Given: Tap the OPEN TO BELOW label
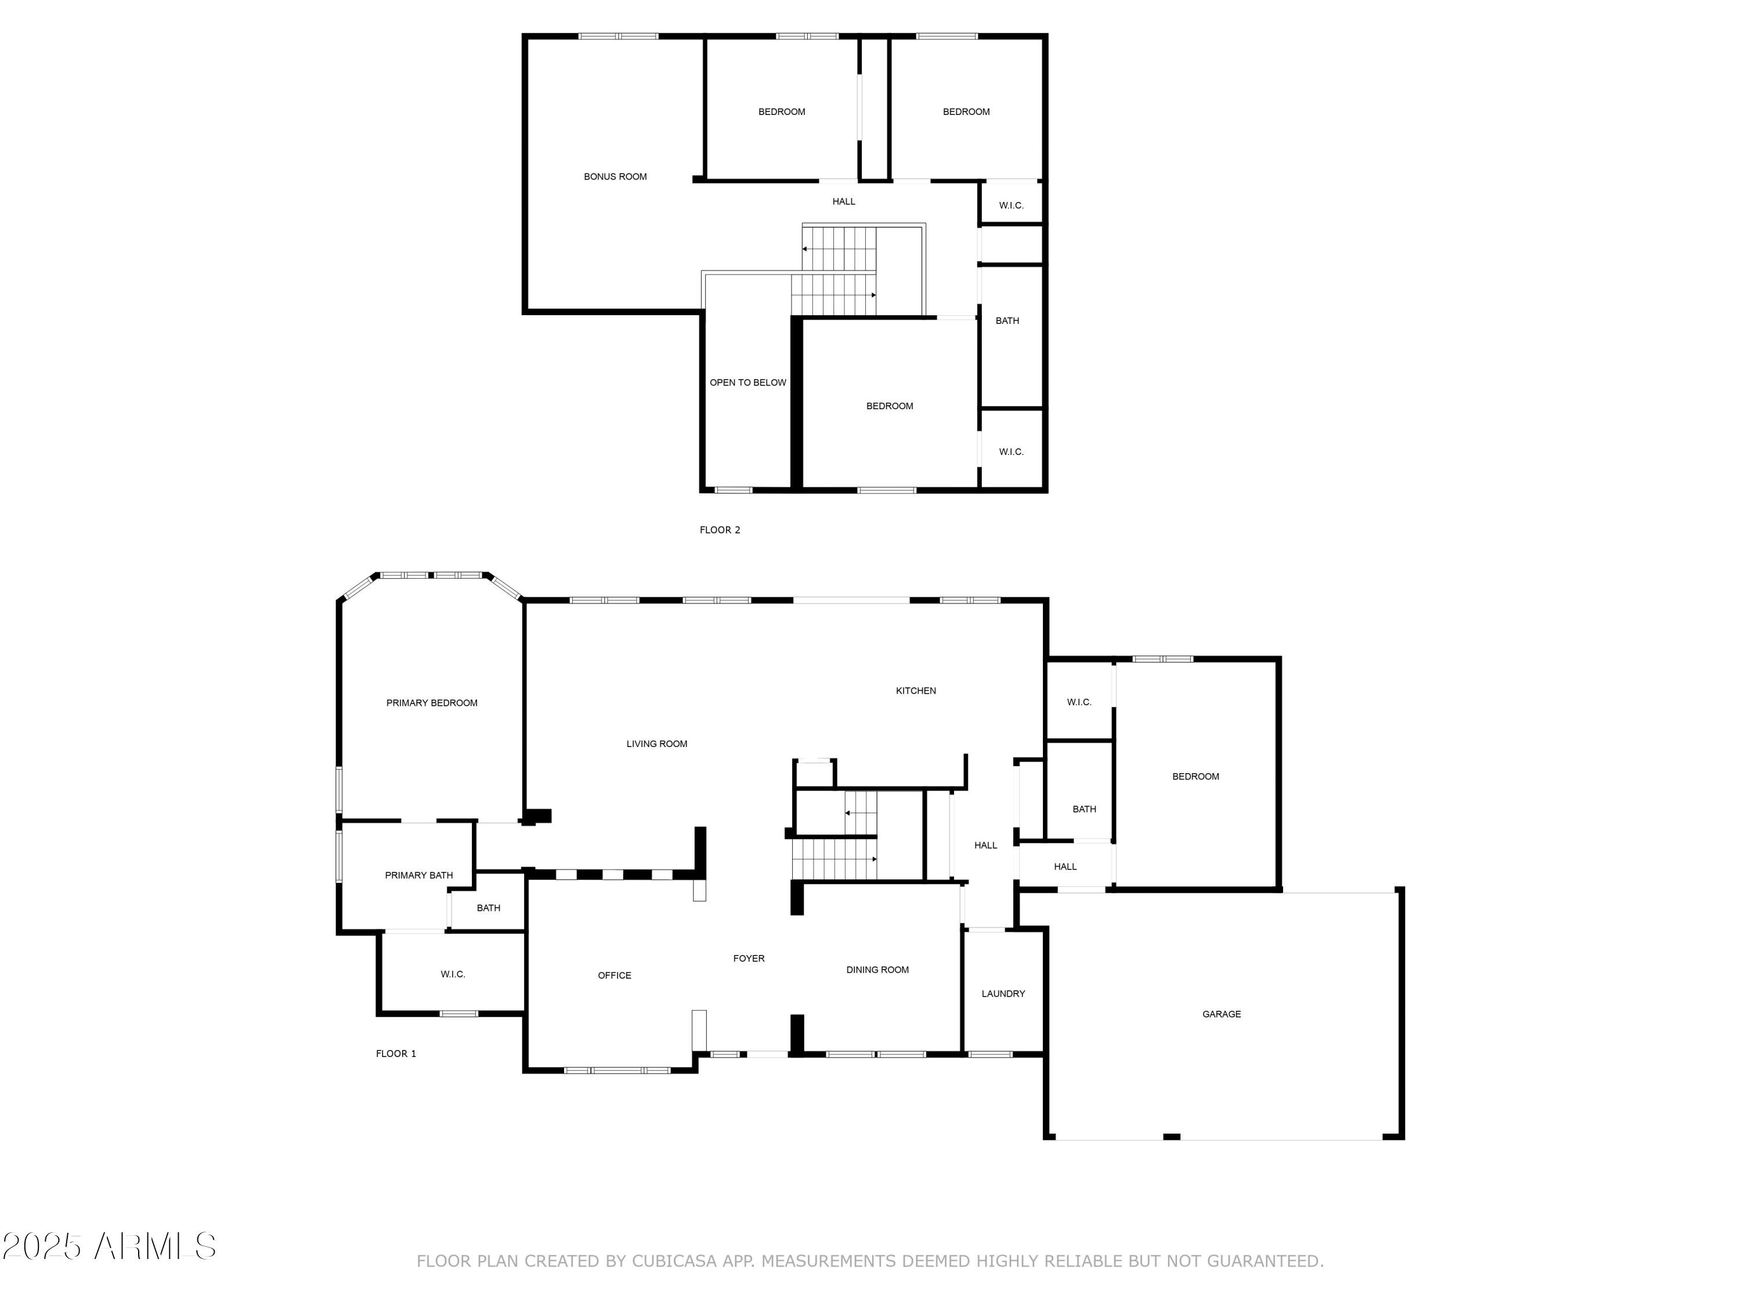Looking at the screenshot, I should (747, 383).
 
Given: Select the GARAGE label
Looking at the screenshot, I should (1221, 1014).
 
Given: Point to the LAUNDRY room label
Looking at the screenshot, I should (1003, 994).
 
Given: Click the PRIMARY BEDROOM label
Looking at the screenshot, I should (431, 703).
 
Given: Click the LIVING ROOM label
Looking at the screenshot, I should (656, 744).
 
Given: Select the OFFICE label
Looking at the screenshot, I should (614, 975).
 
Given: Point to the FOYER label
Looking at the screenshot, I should (749, 958).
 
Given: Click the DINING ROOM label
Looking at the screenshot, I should (877, 970).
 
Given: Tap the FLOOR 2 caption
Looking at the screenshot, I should (720, 530).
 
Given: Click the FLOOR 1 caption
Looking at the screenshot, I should (396, 1054).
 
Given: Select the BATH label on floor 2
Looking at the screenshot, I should (1007, 320).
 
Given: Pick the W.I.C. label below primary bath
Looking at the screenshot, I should (453, 974).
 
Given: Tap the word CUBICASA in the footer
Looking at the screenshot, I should (674, 1261).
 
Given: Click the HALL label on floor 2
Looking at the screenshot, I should (843, 201).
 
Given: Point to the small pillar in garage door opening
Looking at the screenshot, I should (1171, 1137).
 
